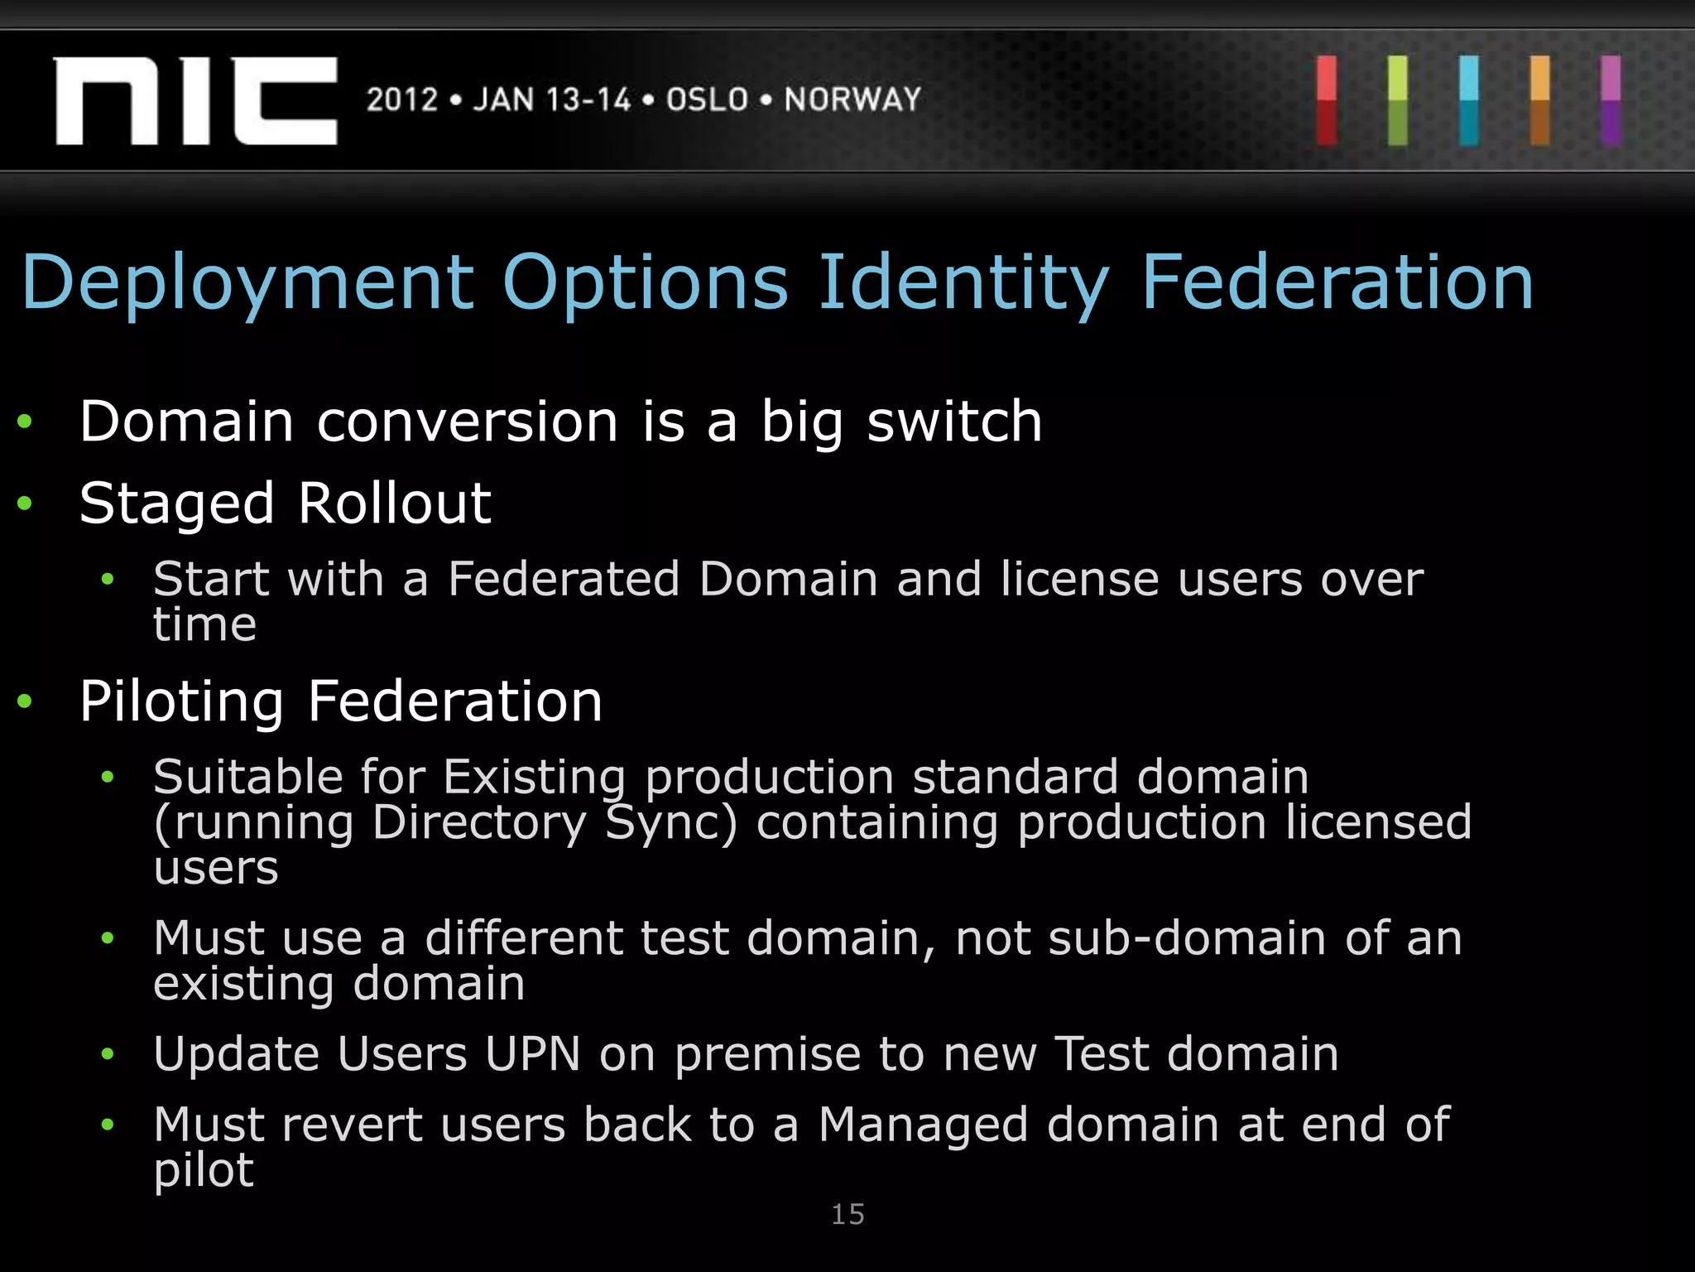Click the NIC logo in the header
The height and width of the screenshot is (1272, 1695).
(x=196, y=101)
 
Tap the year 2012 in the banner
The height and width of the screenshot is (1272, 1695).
(x=402, y=100)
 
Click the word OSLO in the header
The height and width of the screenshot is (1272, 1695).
(x=708, y=100)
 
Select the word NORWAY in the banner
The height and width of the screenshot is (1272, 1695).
(x=852, y=100)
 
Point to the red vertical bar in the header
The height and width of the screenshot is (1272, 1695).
(x=1327, y=100)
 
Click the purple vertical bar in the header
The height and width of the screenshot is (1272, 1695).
(x=1611, y=100)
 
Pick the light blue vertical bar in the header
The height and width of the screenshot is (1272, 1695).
(x=1469, y=100)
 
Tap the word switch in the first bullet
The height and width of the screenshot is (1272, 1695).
(x=954, y=422)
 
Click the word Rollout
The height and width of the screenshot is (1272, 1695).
(x=395, y=503)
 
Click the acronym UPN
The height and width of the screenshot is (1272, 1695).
(x=532, y=1054)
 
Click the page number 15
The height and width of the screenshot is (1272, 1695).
(x=847, y=1215)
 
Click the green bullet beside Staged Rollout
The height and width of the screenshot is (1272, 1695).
(x=25, y=503)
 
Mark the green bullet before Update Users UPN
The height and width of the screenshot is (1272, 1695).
(x=107, y=1054)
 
